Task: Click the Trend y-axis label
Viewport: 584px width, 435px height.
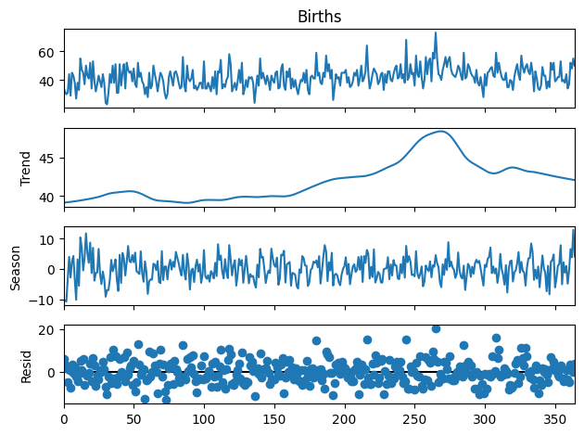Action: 25,168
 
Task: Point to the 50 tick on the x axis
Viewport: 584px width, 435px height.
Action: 133,419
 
